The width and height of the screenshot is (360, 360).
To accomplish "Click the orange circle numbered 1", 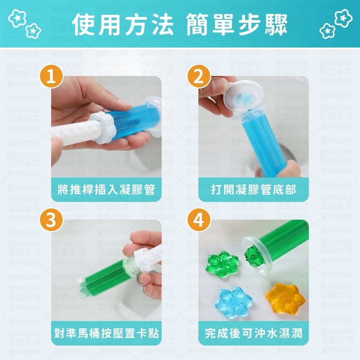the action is click(51, 76).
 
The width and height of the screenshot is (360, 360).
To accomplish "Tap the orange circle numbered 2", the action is click(199, 76).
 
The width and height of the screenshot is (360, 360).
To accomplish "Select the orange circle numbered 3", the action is click(51, 220).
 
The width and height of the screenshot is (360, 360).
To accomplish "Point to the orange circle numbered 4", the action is click(199, 220).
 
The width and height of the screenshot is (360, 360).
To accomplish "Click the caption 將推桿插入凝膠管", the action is click(106, 189).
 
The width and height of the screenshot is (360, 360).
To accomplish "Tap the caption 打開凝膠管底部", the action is click(253, 189).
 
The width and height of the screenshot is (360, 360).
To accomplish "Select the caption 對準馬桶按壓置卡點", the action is click(106, 333).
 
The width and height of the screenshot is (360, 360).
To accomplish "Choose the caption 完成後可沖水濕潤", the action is click(253, 333).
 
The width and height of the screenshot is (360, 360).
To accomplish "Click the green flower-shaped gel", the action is click(222, 264).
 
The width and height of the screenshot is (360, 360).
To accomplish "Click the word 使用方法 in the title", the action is click(123, 24).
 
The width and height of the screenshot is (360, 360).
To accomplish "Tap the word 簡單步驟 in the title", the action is click(237, 24).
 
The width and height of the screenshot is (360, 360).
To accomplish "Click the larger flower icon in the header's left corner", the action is click(17, 18).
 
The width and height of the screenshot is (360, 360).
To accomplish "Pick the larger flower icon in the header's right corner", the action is click(343, 18).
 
